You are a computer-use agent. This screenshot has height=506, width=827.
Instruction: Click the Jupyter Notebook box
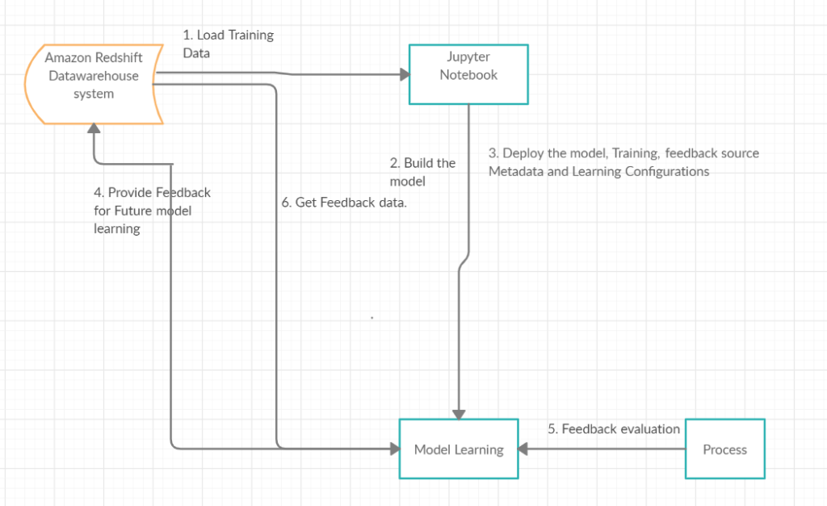click(468, 74)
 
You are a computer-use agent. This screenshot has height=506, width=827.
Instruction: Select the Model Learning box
click(459, 449)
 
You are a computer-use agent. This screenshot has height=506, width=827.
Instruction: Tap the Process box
click(724, 449)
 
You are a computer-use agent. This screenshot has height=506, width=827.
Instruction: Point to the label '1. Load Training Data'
click(229, 44)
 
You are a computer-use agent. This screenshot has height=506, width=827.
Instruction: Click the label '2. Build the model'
click(422, 172)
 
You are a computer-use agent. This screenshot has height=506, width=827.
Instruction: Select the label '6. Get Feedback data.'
click(344, 203)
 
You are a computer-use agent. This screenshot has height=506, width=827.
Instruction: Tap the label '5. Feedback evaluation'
click(614, 429)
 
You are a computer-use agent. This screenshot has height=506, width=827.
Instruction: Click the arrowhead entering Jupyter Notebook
click(404, 74)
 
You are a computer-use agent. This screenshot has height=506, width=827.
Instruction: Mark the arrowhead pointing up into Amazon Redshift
click(94, 129)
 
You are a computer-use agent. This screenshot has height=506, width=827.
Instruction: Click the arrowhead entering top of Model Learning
click(459, 413)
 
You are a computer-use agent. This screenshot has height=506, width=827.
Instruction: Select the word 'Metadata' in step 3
click(514, 171)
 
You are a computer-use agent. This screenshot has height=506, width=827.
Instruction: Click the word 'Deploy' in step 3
click(523, 153)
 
